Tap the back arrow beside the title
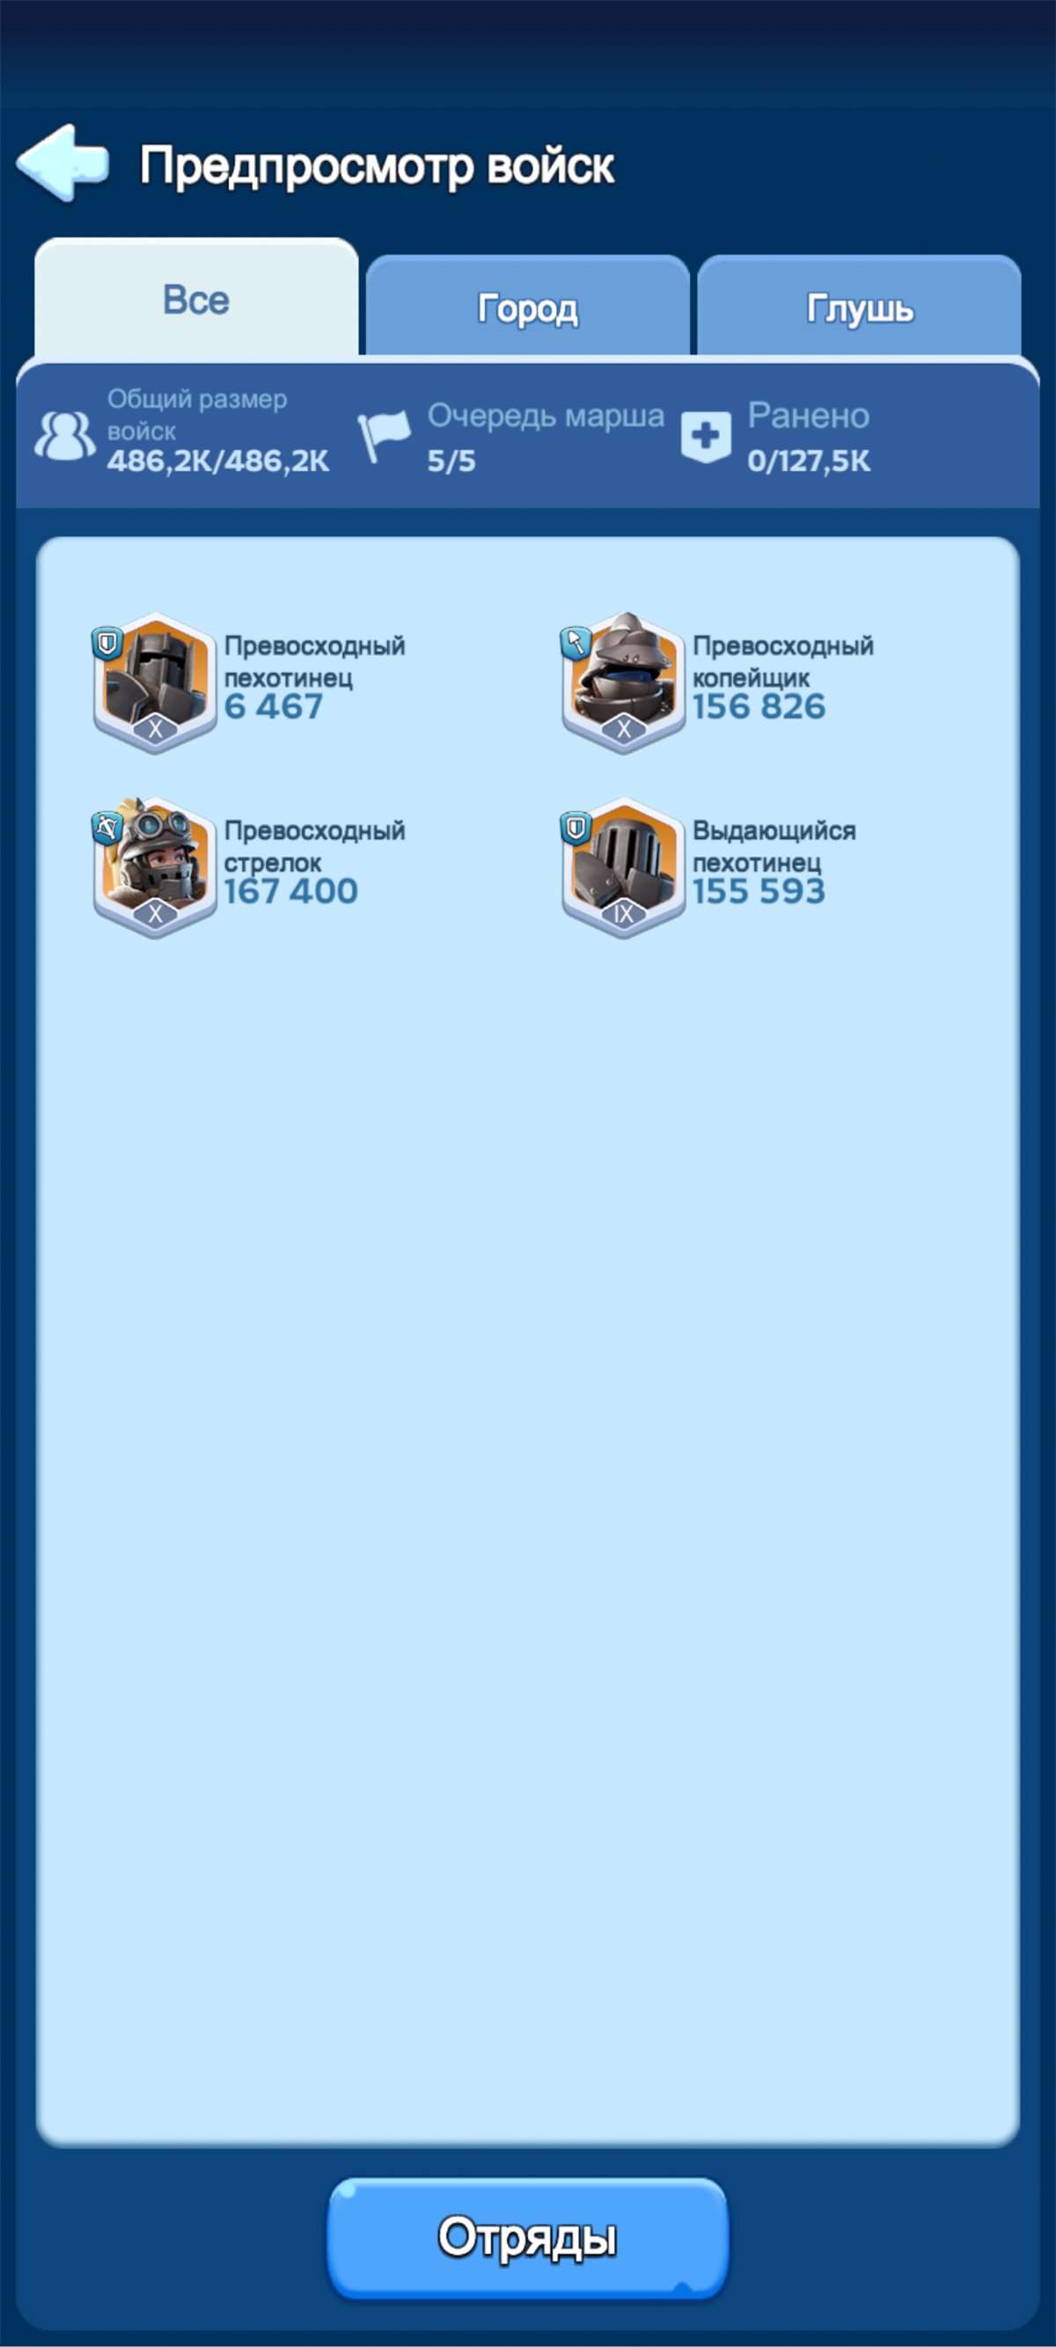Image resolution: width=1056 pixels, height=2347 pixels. pos(62,162)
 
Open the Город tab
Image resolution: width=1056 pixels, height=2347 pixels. pos(527,308)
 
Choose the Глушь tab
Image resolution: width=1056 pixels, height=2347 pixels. pos(859,308)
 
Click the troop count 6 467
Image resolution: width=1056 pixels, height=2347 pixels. pos(274,707)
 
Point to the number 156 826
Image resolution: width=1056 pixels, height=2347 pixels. pos(759,707)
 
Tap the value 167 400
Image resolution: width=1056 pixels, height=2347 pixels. pos(290,892)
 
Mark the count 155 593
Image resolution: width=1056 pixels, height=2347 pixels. pos(759,892)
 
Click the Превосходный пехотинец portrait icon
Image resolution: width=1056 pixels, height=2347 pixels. pos(155,683)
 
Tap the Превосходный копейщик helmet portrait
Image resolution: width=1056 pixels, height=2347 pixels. pos(623,683)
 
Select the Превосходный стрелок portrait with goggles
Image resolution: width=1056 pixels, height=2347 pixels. pos(155,867)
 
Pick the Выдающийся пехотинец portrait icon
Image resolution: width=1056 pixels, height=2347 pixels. pos(623,867)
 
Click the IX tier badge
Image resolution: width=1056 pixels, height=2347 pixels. pos(623,914)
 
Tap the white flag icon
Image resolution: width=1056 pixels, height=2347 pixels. pos(384,435)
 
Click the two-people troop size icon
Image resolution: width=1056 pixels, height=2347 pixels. pos(65,435)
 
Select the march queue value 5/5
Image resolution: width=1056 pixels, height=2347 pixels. pos(452,461)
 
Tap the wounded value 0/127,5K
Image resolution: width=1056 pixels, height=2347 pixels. pos(809,461)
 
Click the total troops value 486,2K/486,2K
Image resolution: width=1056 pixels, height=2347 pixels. pos(217,461)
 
